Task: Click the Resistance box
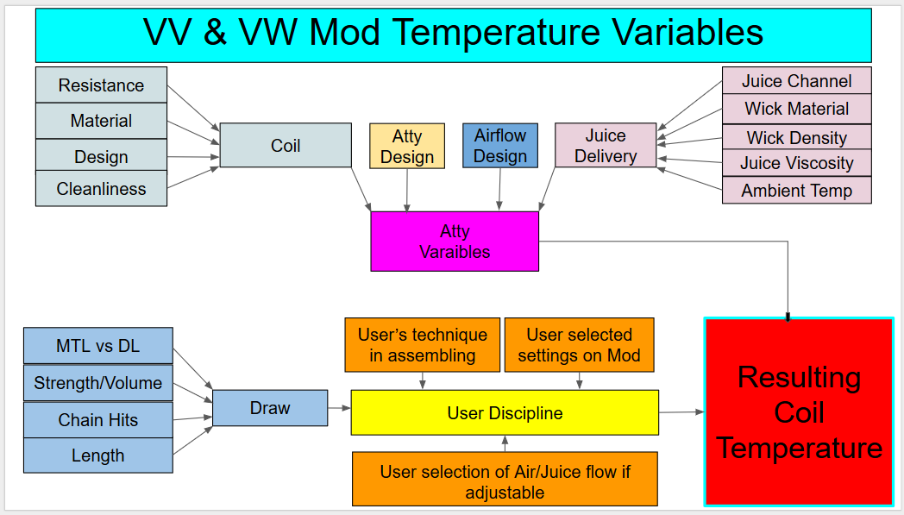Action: pyautogui.click(x=102, y=85)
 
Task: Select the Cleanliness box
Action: pyautogui.click(x=102, y=189)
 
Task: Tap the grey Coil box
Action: pyautogui.click(x=286, y=145)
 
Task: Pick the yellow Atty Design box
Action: pyautogui.click(x=407, y=146)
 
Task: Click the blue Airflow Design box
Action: pyautogui.click(x=500, y=145)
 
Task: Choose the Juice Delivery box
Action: pyautogui.click(x=606, y=145)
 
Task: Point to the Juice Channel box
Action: pyautogui.click(x=797, y=81)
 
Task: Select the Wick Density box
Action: pyautogui.click(x=797, y=137)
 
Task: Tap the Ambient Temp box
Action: pyautogui.click(x=797, y=191)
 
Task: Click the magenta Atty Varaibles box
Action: pyautogui.click(x=455, y=241)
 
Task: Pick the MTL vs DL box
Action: pyautogui.click(x=98, y=345)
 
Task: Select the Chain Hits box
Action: pyautogui.click(x=98, y=419)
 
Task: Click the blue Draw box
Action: pyautogui.click(x=270, y=408)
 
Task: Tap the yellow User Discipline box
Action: pyautogui.click(x=505, y=412)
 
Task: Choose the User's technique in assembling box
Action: pyautogui.click(x=423, y=345)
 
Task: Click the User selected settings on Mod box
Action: pyautogui.click(x=580, y=345)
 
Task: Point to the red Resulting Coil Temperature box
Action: pyautogui.click(x=799, y=411)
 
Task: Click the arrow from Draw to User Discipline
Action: pyautogui.click(x=340, y=408)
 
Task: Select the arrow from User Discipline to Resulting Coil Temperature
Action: pyautogui.click(x=681, y=412)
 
